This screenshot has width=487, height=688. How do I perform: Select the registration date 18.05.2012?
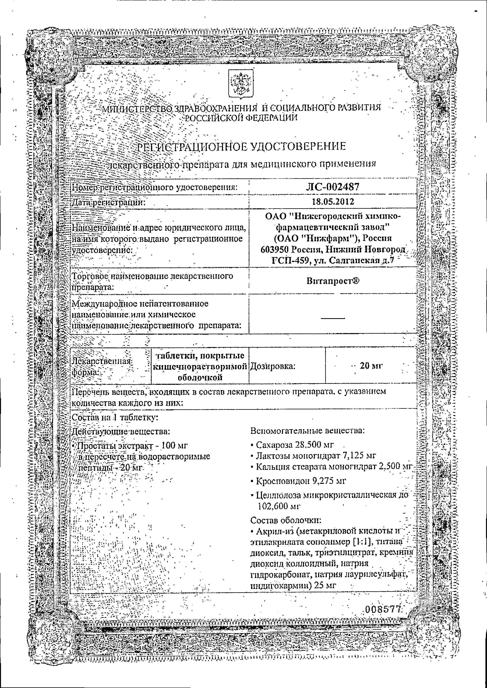pos(333,201)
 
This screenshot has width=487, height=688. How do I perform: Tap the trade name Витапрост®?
pos(333,281)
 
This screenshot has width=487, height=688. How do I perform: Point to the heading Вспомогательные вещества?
pos(307,431)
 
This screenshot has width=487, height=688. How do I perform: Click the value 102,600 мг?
pos(279,506)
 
